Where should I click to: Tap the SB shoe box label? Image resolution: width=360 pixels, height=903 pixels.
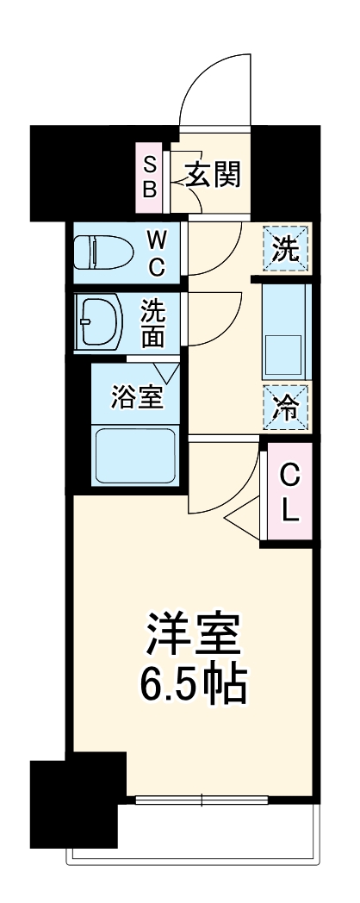pos(149,177)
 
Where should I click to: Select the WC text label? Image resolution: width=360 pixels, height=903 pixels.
pos(156,252)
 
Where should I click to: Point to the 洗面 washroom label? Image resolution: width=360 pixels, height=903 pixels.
pos(152,323)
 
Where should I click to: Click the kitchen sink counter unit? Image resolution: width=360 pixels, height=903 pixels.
pos(285,332)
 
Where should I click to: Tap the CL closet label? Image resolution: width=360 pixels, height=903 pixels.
pos(290,494)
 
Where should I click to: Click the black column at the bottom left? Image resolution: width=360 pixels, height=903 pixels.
pos(72,799)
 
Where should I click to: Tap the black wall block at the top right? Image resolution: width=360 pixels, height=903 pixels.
pos(285,171)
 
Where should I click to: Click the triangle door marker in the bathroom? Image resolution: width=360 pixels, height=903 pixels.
pos(168,372)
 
